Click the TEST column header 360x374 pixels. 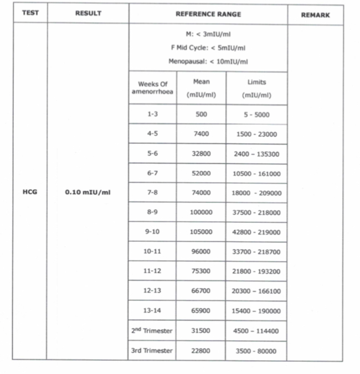click(30, 13)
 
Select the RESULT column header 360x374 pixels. click(88, 13)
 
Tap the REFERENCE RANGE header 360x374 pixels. click(208, 14)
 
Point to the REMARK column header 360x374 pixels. click(315, 15)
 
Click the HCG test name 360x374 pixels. click(30, 193)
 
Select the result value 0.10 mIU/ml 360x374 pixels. click(88, 193)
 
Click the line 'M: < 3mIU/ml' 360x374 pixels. click(208, 34)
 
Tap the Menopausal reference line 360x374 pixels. click(208, 61)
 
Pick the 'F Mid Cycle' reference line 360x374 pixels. click(208, 48)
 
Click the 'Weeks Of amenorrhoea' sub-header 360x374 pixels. click(152, 88)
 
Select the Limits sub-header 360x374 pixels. click(256, 88)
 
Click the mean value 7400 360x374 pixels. click(201, 134)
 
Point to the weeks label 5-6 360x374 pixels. click(152, 154)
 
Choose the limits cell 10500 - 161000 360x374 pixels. click(256, 174)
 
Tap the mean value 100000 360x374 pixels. click(201, 212)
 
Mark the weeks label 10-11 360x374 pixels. click(152, 252)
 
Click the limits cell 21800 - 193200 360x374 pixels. click(256, 272)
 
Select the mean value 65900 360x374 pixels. click(201, 311)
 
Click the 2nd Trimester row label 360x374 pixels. click(152, 331)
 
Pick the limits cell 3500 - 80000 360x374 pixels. click(256, 351)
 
